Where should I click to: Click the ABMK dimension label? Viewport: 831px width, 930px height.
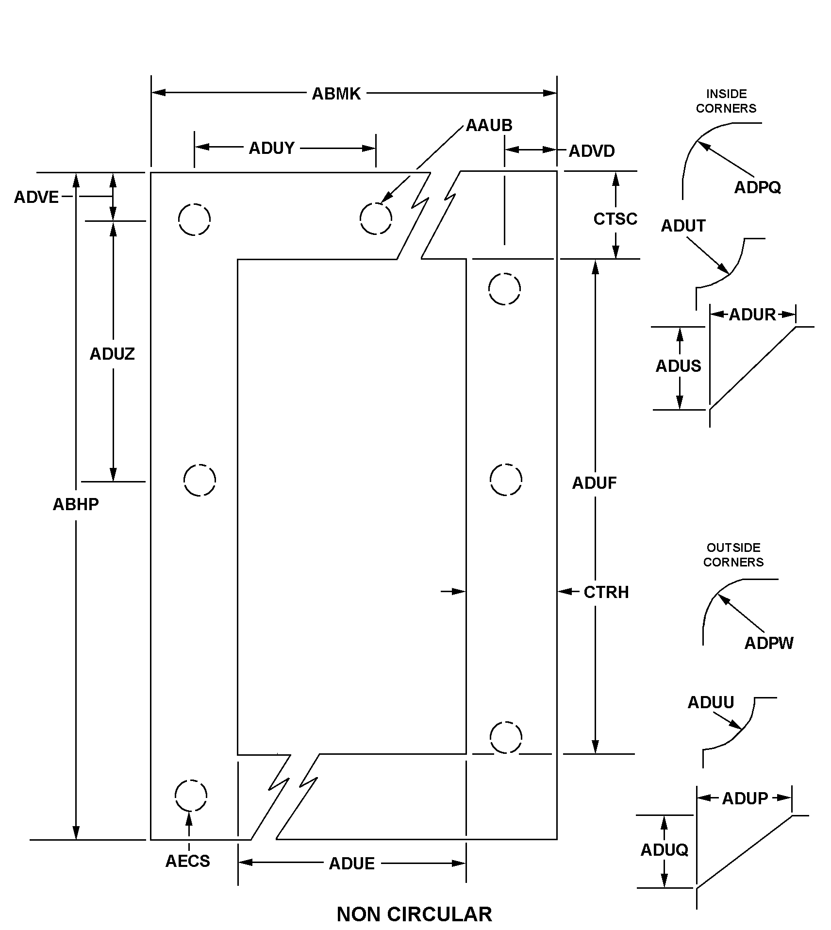(336, 94)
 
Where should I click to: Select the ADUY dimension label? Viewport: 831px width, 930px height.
(271, 148)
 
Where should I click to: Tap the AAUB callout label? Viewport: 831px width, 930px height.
(489, 126)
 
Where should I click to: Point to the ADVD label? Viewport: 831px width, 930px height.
(591, 151)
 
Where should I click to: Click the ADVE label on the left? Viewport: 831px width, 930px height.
(36, 197)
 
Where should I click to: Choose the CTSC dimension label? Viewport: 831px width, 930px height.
(615, 219)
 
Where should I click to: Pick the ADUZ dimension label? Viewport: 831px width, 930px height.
(112, 354)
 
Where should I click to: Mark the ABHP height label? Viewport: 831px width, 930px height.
(76, 504)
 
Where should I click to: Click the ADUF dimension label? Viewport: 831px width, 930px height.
(594, 483)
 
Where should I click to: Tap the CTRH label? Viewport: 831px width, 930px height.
(606, 592)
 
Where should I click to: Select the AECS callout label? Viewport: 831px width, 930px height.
(188, 861)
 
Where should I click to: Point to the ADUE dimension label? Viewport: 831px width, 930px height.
(352, 864)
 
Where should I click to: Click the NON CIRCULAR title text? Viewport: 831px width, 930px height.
(414, 914)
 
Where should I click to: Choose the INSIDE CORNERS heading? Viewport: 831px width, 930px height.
(726, 101)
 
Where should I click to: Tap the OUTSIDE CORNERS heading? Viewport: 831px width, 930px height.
(733, 555)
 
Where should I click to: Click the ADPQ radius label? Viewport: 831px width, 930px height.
(757, 187)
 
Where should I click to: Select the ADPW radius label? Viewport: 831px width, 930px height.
(768, 643)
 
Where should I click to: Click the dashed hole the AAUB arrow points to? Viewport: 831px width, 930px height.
(376, 218)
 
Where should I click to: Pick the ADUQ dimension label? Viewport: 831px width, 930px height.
(664, 849)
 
